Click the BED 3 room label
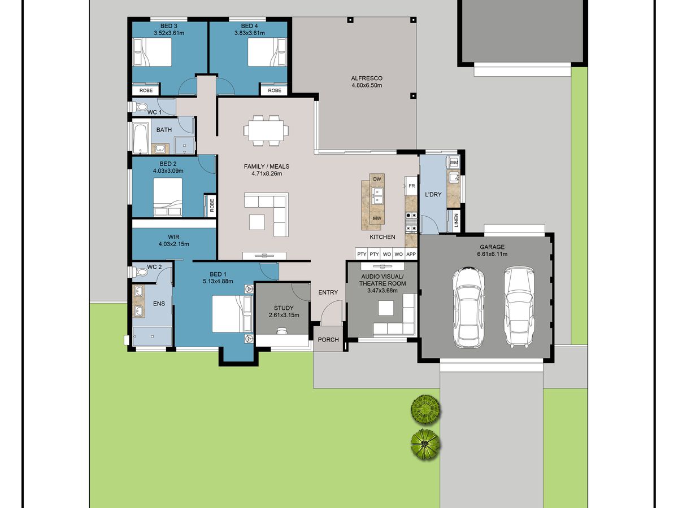point(168,26)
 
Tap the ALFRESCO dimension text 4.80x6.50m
point(367,85)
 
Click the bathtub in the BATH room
point(141,138)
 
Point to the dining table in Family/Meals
point(266,130)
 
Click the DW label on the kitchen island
point(377,179)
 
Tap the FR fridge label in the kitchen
point(412,186)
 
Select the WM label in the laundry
point(454,163)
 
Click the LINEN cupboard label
point(457,220)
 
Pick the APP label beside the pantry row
point(411,254)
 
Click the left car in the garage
point(468,307)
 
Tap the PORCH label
point(328,340)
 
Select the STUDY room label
point(284,308)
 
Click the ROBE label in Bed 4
point(275,90)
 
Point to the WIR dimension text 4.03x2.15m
point(173,244)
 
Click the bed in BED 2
point(168,197)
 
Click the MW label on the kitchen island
point(377,218)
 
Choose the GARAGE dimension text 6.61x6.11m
point(492,254)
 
